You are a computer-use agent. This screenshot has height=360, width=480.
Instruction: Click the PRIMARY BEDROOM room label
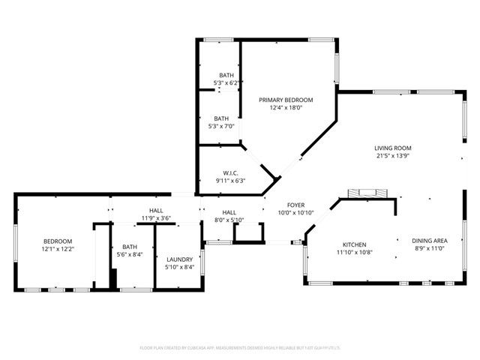[x=286, y=100]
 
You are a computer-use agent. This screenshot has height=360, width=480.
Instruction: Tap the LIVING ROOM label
[x=393, y=148]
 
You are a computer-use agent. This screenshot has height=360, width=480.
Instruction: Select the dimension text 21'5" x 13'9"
[x=393, y=156]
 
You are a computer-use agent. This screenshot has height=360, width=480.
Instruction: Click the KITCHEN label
[x=354, y=245]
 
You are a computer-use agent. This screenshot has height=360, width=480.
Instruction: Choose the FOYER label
[x=295, y=205]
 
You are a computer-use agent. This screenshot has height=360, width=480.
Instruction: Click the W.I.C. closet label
[x=231, y=172]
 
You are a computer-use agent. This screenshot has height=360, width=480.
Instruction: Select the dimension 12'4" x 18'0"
[x=286, y=108]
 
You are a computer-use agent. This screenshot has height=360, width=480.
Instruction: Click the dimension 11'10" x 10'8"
[x=354, y=253]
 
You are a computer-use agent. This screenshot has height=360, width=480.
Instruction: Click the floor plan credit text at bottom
[x=240, y=348]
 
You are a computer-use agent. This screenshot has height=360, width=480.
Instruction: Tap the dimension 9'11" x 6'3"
[x=231, y=180]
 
